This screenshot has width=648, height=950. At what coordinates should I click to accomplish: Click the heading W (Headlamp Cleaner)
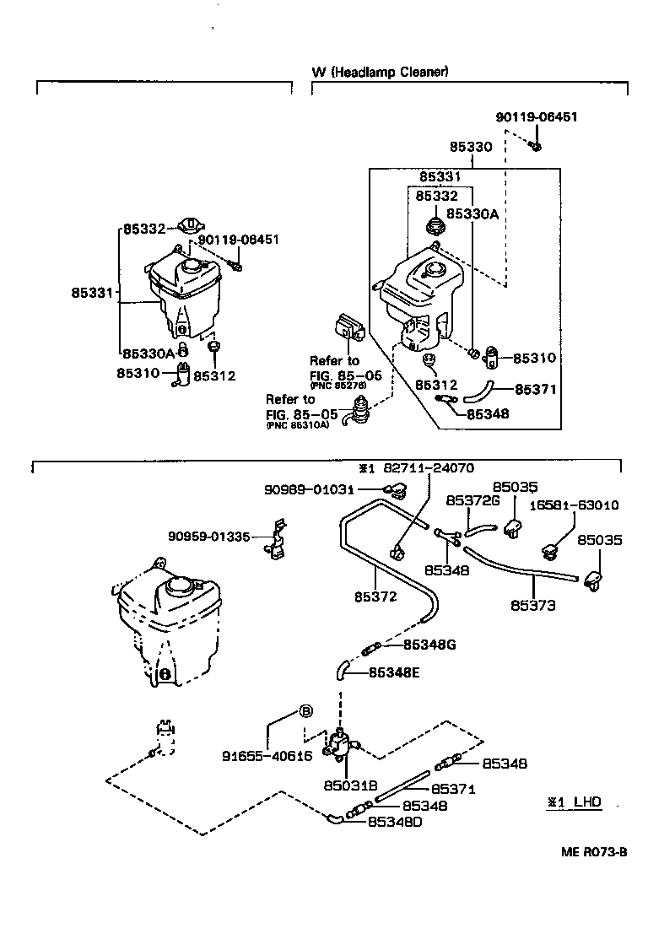(380, 72)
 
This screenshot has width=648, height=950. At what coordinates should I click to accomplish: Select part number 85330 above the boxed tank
(470, 146)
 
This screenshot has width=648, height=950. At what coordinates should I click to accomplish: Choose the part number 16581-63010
(574, 505)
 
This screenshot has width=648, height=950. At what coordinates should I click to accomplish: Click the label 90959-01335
(208, 536)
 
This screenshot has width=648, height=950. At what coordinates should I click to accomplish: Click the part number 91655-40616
(267, 756)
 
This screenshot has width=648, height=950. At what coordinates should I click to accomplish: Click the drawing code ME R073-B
(594, 851)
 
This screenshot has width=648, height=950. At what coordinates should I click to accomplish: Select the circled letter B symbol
(306, 710)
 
